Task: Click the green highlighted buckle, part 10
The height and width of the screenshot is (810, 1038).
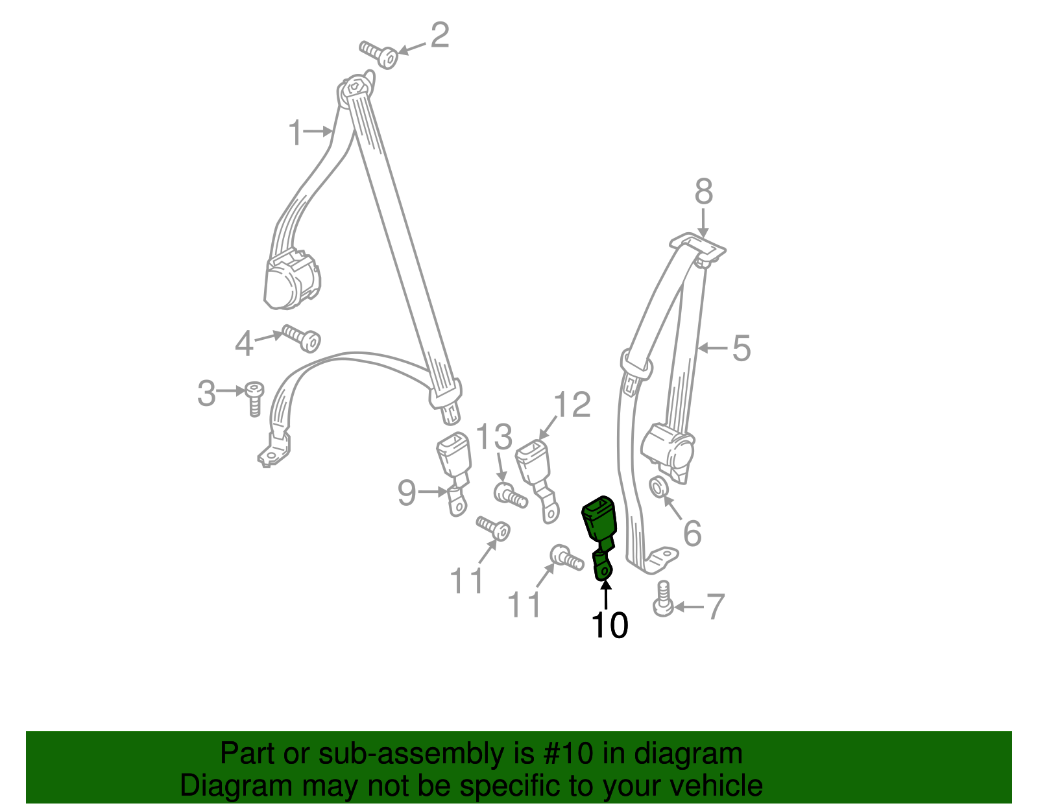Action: [599, 523]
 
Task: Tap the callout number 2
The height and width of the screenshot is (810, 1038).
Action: [439, 36]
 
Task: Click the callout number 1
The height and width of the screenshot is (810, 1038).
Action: [295, 133]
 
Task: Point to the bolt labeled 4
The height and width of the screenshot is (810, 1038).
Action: [302, 337]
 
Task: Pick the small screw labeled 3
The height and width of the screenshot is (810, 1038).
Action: [254, 397]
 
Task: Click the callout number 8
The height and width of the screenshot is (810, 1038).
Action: [703, 193]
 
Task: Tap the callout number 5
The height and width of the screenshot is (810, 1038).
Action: [741, 348]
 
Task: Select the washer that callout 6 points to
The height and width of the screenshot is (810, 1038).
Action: [657, 486]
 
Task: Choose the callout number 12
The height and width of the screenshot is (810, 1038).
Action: [572, 405]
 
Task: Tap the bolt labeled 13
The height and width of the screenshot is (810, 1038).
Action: [510, 496]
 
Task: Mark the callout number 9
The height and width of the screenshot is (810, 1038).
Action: [407, 493]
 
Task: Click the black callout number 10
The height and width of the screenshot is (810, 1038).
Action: [609, 625]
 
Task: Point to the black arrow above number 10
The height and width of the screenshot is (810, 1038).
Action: [605, 593]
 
